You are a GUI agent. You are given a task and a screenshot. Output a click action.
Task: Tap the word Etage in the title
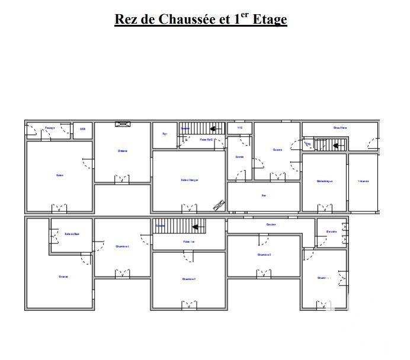coord(270,20)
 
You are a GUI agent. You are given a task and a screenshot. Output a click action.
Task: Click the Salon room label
coord(59,175)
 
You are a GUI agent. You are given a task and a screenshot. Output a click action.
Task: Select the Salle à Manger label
coord(190,180)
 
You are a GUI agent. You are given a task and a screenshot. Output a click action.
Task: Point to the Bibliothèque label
coord(323,181)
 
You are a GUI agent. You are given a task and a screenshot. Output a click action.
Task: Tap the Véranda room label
coord(363,181)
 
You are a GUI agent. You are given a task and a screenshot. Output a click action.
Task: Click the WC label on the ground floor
coord(240,127)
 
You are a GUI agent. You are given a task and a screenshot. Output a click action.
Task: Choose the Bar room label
coord(264,195)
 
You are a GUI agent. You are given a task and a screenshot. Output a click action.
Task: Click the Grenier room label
coord(63,277)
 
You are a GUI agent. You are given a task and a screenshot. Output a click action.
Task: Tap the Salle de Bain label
coord(72,234)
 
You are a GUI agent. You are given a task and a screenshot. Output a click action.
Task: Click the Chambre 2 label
coord(189,278)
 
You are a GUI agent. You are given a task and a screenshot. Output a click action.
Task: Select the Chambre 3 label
coord(264,255)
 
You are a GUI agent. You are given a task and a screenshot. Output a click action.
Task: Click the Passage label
coord(50,128)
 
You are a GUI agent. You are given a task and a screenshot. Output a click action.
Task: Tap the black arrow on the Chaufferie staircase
coord(336,144)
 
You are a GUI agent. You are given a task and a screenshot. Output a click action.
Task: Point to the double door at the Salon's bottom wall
coord(59,208)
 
